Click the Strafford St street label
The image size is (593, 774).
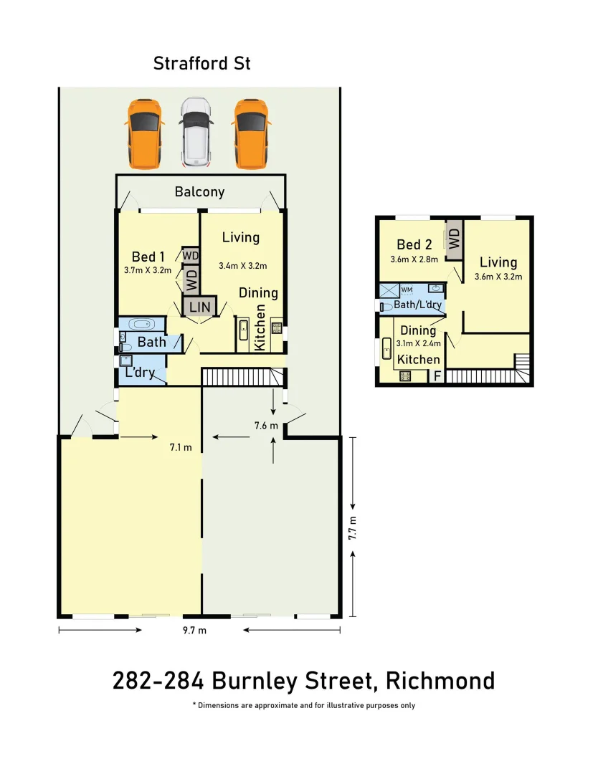pyautogui.click(x=202, y=63)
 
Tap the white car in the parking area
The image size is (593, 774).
pyautogui.click(x=195, y=130)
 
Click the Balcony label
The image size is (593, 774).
pyautogui.click(x=199, y=192)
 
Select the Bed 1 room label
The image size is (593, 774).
pyautogui.click(x=148, y=257)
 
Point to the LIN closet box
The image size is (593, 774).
pyautogui.click(x=199, y=307)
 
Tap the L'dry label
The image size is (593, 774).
pyautogui.click(x=140, y=373)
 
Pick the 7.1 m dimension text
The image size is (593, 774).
pyautogui.click(x=181, y=448)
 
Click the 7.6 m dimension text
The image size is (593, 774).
pyautogui.click(x=265, y=426)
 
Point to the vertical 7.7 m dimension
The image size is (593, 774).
pyautogui.click(x=351, y=527)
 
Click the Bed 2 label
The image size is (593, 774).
pyautogui.click(x=414, y=245)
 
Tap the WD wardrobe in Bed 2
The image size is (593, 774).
pyautogui.click(x=453, y=239)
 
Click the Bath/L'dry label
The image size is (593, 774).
pyautogui.click(x=417, y=305)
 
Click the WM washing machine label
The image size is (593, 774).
pyautogui.click(x=407, y=290)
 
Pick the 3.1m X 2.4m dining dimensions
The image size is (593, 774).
pyautogui.click(x=419, y=343)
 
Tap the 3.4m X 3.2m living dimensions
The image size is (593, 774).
pyautogui.click(x=242, y=266)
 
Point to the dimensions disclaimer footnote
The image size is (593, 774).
pyautogui.click(x=303, y=705)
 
